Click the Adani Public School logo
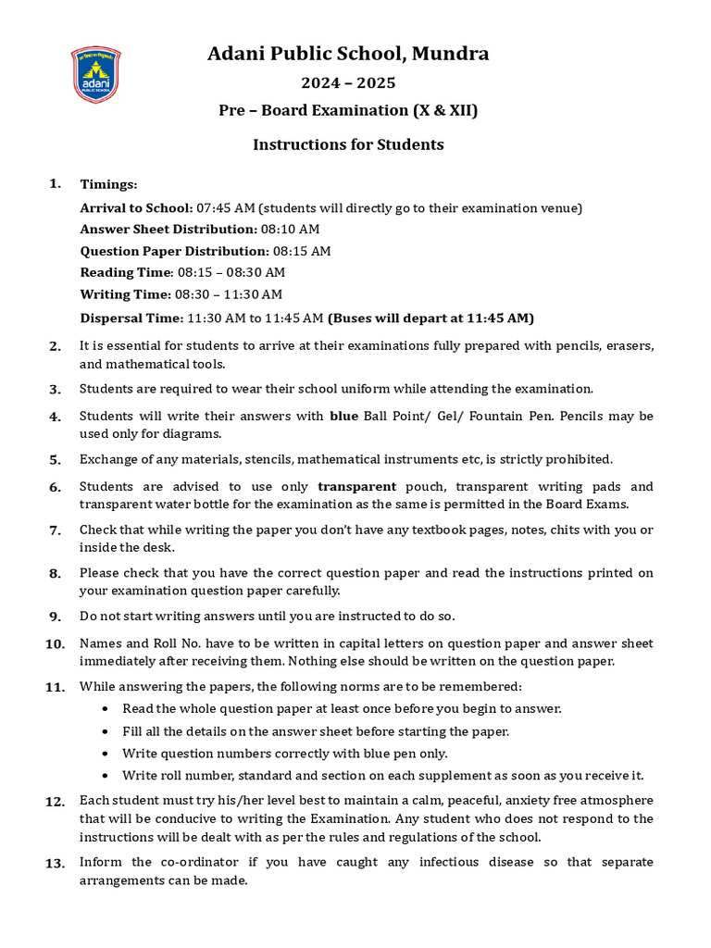coord(95,75)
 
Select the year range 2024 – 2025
coord(348,83)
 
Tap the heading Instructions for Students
coord(348,144)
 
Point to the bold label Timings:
coord(108,184)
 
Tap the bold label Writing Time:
coord(126,294)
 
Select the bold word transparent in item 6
coord(356,486)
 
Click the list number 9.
coord(56,617)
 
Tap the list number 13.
coord(56,864)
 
